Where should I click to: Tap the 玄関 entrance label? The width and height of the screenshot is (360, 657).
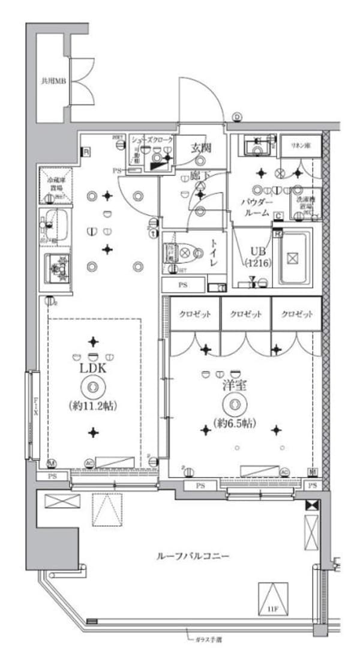click(x=200, y=147)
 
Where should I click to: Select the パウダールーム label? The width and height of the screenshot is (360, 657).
click(x=258, y=208)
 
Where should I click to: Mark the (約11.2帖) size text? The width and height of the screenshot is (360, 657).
click(x=92, y=406)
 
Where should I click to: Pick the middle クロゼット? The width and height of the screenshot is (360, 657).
click(x=245, y=315)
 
